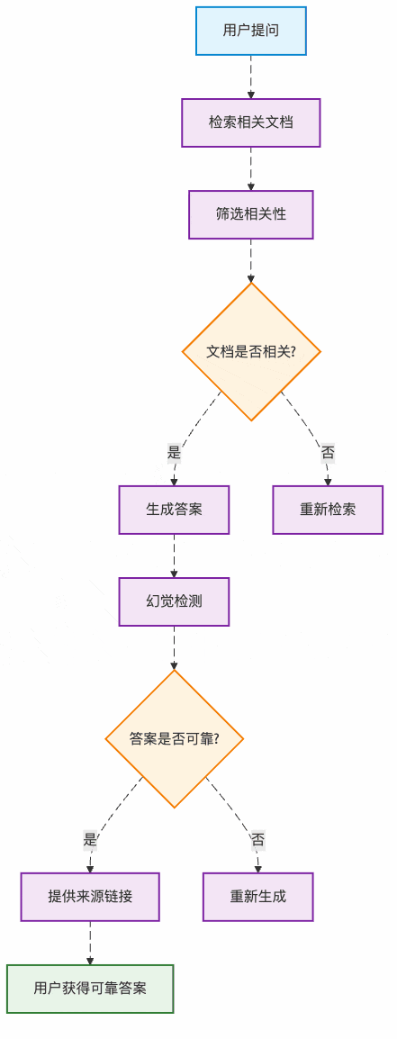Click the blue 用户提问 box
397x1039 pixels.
coord(251,31)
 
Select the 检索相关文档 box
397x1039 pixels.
coord(251,122)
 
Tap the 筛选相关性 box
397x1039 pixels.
coord(251,214)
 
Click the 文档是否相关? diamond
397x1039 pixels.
coord(251,351)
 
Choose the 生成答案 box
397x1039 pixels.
coord(174,510)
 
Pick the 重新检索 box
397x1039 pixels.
coord(328,510)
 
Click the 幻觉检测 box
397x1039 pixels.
coord(174,601)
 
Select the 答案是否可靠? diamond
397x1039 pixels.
coord(174,738)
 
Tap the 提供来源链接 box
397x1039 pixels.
coord(90,897)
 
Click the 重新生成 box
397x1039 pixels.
coord(257,897)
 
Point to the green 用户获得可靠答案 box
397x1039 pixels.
coord(90,989)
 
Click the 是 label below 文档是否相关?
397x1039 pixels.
coord(174,453)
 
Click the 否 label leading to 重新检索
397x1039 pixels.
coord(328,453)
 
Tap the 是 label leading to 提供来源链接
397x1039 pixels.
coord(90,840)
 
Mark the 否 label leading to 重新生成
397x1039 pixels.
coord(257,840)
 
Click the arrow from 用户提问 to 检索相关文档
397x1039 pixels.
coord(251,77)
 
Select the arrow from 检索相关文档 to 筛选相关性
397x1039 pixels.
coord(251,168)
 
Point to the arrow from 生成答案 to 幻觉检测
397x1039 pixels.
coord(174,556)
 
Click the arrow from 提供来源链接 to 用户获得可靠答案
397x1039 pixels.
coord(90,943)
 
